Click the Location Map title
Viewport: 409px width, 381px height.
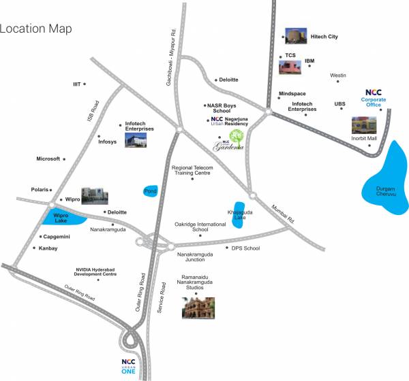pos(36,29)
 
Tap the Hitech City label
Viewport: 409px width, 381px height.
pos(324,36)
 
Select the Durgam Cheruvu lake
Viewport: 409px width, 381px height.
pos(382,180)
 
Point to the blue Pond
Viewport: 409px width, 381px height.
pos(151,191)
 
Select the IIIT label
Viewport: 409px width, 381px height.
pos(77,84)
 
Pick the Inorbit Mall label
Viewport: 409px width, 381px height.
pos(363,138)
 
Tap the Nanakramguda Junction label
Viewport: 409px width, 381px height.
pos(196,256)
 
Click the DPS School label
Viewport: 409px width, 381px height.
pos(245,248)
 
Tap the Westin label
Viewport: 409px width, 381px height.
pos(337,75)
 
